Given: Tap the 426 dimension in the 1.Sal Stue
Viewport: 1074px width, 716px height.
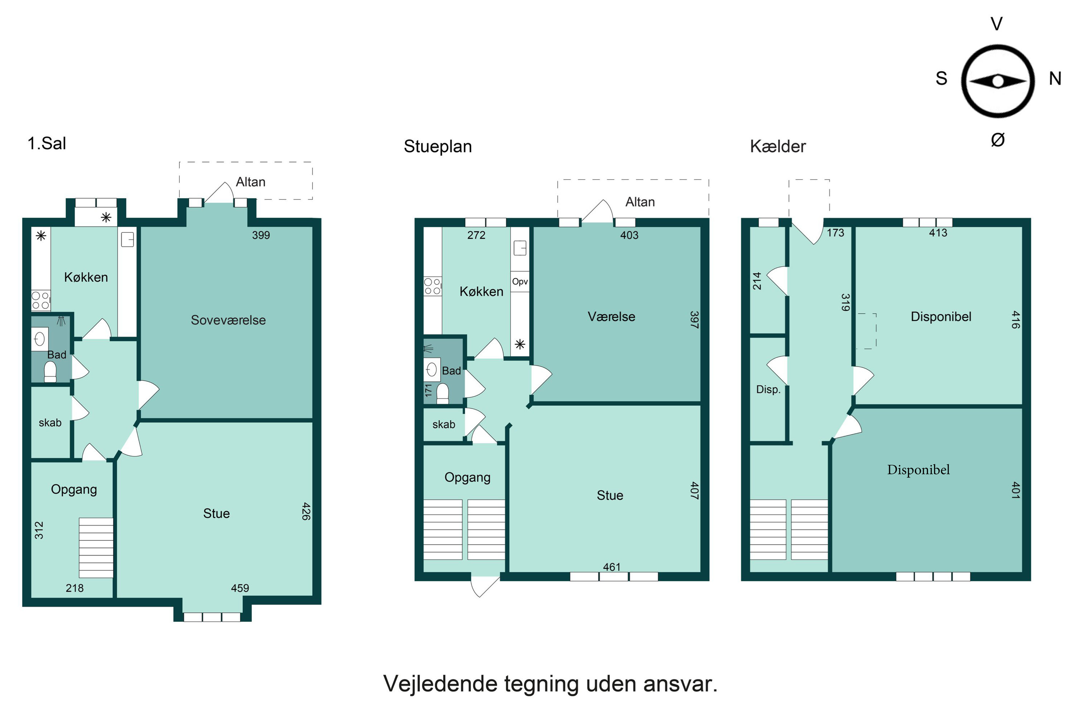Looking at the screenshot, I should (x=306, y=512).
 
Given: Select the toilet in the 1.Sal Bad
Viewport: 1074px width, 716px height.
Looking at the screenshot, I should (x=50, y=372).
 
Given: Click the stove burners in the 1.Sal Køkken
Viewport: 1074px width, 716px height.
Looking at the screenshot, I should (x=40, y=300).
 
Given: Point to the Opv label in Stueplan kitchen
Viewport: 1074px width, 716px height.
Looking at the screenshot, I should (x=520, y=282).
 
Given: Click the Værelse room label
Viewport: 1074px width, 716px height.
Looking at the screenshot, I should (x=611, y=317).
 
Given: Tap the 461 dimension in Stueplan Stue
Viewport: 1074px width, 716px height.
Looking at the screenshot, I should (x=611, y=567).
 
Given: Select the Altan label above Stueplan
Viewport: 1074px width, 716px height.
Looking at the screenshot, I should (x=640, y=202).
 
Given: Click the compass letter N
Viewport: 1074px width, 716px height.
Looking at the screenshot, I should (x=1055, y=78).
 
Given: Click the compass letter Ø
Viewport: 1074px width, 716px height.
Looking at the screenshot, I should (x=998, y=140).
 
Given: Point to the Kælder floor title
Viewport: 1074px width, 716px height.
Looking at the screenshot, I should (x=778, y=146).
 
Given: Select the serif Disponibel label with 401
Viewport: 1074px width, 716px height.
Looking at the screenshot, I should (x=918, y=470).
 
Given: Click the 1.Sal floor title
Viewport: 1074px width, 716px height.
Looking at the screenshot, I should (x=47, y=144).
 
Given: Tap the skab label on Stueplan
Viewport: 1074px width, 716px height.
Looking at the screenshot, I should (x=444, y=425).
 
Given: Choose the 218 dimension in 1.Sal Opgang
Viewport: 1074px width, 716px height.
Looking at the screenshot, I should (x=74, y=588).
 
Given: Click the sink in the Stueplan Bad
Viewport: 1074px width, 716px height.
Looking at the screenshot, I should (x=431, y=369).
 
